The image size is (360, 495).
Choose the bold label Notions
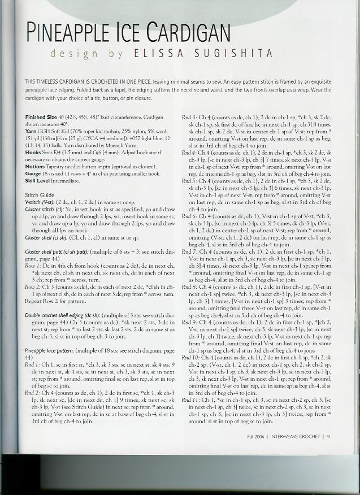coord(34,168)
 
